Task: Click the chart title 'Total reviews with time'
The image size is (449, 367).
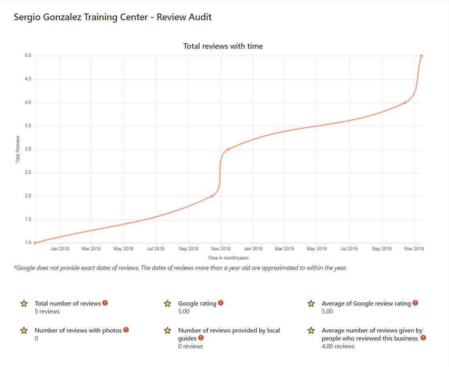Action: [x=223, y=46]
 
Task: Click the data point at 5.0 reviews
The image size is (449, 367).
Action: [x=421, y=56]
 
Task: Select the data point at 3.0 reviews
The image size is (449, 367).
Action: [x=228, y=149]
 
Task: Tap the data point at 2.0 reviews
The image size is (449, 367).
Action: [x=212, y=196]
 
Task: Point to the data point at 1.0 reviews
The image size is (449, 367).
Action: [x=35, y=243]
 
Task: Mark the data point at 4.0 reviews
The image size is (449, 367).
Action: [x=405, y=103]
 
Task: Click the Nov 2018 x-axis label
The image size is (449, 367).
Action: [x=221, y=249]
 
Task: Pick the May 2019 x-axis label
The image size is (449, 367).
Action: [x=316, y=249]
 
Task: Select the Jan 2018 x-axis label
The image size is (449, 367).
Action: [x=60, y=249]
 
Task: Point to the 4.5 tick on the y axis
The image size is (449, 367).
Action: [x=28, y=79]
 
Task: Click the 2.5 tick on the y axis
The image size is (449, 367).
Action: [x=28, y=173]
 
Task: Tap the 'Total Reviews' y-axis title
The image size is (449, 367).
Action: [x=18, y=149]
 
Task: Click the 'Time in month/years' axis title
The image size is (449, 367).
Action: [x=228, y=258]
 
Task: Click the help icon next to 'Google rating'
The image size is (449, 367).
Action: [x=220, y=303]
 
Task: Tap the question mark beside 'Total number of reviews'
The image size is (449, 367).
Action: [x=105, y=303]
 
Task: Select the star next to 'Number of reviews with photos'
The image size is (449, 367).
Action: [x=24, y=331]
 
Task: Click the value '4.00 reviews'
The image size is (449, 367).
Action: [x=338, y=346]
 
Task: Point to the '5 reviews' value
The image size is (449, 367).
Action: [x=47, y=312]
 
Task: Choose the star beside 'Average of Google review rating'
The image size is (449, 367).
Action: [x=311, y=304]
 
